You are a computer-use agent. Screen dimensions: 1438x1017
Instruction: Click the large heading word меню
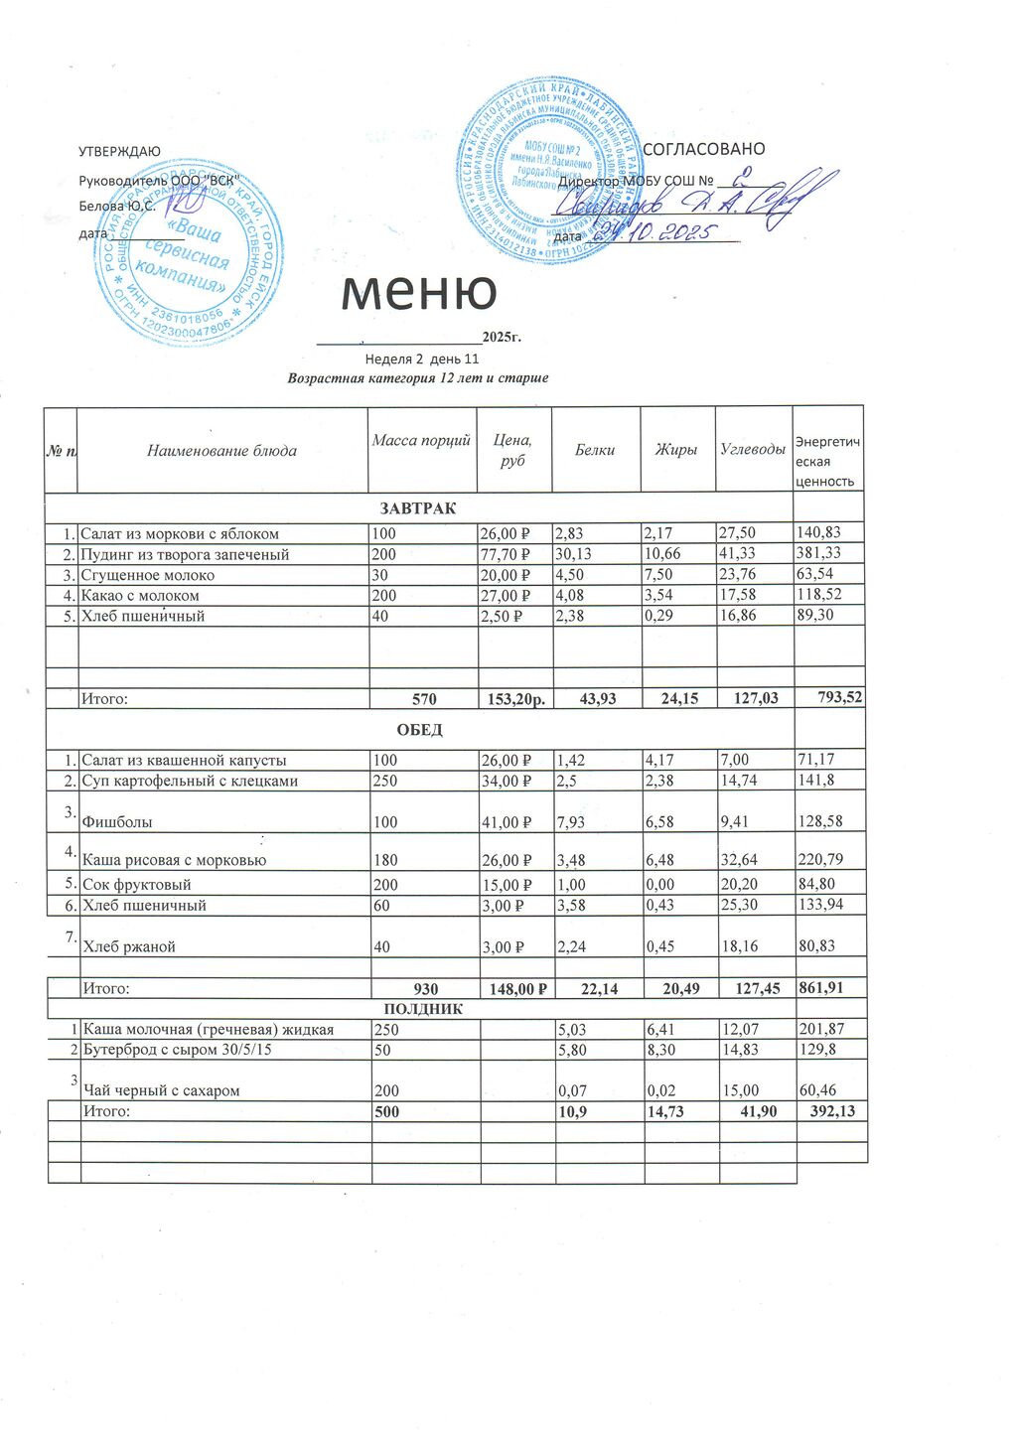[418, 292]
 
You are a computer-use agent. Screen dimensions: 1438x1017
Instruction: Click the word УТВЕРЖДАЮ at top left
[119, 151]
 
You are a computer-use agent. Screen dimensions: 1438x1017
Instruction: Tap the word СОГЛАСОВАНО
[704, 149]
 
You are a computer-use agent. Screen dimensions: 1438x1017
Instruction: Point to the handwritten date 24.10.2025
[652, 234]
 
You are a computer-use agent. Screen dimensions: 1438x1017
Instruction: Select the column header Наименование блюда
[221, 451]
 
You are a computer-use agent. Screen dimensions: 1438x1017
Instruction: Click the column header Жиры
[675, 450]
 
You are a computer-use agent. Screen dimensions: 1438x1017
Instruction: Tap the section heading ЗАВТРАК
[418, 508]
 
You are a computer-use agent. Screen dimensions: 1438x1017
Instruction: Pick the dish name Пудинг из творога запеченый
[185, 554]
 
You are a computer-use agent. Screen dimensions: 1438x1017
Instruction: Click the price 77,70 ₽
[505, 554]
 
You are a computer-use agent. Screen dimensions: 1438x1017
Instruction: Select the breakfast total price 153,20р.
[514, 699]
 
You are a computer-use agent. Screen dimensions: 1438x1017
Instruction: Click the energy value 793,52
[838, 698]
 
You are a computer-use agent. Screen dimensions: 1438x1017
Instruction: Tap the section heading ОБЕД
[419, 730]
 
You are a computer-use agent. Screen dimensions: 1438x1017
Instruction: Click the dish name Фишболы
[109, 822]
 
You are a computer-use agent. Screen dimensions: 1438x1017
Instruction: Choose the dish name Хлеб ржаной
[128, 946]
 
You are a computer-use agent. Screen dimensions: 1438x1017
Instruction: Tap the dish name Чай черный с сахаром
[161, 1090]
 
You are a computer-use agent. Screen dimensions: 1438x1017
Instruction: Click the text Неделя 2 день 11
[422, 359]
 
